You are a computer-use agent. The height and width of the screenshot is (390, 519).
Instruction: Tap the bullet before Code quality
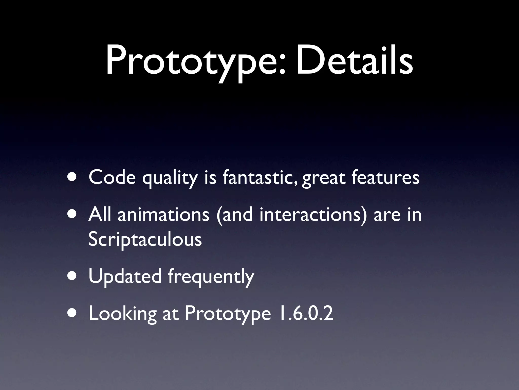[73, 177]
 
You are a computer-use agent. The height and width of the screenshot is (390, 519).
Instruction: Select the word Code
[112, 177]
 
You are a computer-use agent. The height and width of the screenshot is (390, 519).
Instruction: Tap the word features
[385, 177]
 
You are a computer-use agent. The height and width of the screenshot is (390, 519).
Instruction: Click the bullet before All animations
[73, 214]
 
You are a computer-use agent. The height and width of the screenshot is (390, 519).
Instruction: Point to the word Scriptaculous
[145, 239]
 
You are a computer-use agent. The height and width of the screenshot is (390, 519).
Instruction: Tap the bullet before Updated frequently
[73, 276]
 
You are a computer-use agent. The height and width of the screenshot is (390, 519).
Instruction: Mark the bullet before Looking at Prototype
[73, 313]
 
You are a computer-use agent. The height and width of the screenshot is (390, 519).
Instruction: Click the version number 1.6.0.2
[305, 313]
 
